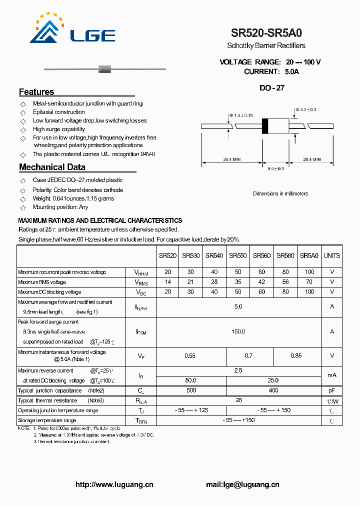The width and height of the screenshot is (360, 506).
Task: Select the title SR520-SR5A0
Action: click(266, 33)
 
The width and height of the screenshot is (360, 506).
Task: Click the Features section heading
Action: click(36, 92)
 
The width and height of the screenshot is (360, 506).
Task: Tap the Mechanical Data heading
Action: click(52, 167)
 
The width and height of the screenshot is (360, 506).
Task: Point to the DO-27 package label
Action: click(272, 88)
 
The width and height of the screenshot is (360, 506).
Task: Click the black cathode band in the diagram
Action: click(265, 125)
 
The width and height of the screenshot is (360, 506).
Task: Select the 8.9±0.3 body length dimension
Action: click(275, 169)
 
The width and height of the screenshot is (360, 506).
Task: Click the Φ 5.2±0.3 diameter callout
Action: click(305, 109)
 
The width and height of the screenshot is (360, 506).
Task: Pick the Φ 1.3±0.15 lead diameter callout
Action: click(241, 115)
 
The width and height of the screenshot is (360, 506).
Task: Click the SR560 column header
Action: click(261, 255)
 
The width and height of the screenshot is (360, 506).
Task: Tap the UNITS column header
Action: click(331, 255)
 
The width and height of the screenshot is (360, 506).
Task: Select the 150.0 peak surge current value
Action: click(238, 331)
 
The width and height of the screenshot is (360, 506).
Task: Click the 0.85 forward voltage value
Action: click(296, 356)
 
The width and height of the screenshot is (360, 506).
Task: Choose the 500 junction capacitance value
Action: click(191, 390)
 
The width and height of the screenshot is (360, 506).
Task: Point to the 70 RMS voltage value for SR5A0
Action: click(309, 282)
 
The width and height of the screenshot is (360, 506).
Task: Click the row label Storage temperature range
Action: click(47, 420)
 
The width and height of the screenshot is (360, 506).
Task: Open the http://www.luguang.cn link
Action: click(114, 484)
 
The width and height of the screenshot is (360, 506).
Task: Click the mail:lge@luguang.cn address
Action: click(242, 484)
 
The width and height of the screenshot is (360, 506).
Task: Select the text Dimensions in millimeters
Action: click(280, 193)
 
